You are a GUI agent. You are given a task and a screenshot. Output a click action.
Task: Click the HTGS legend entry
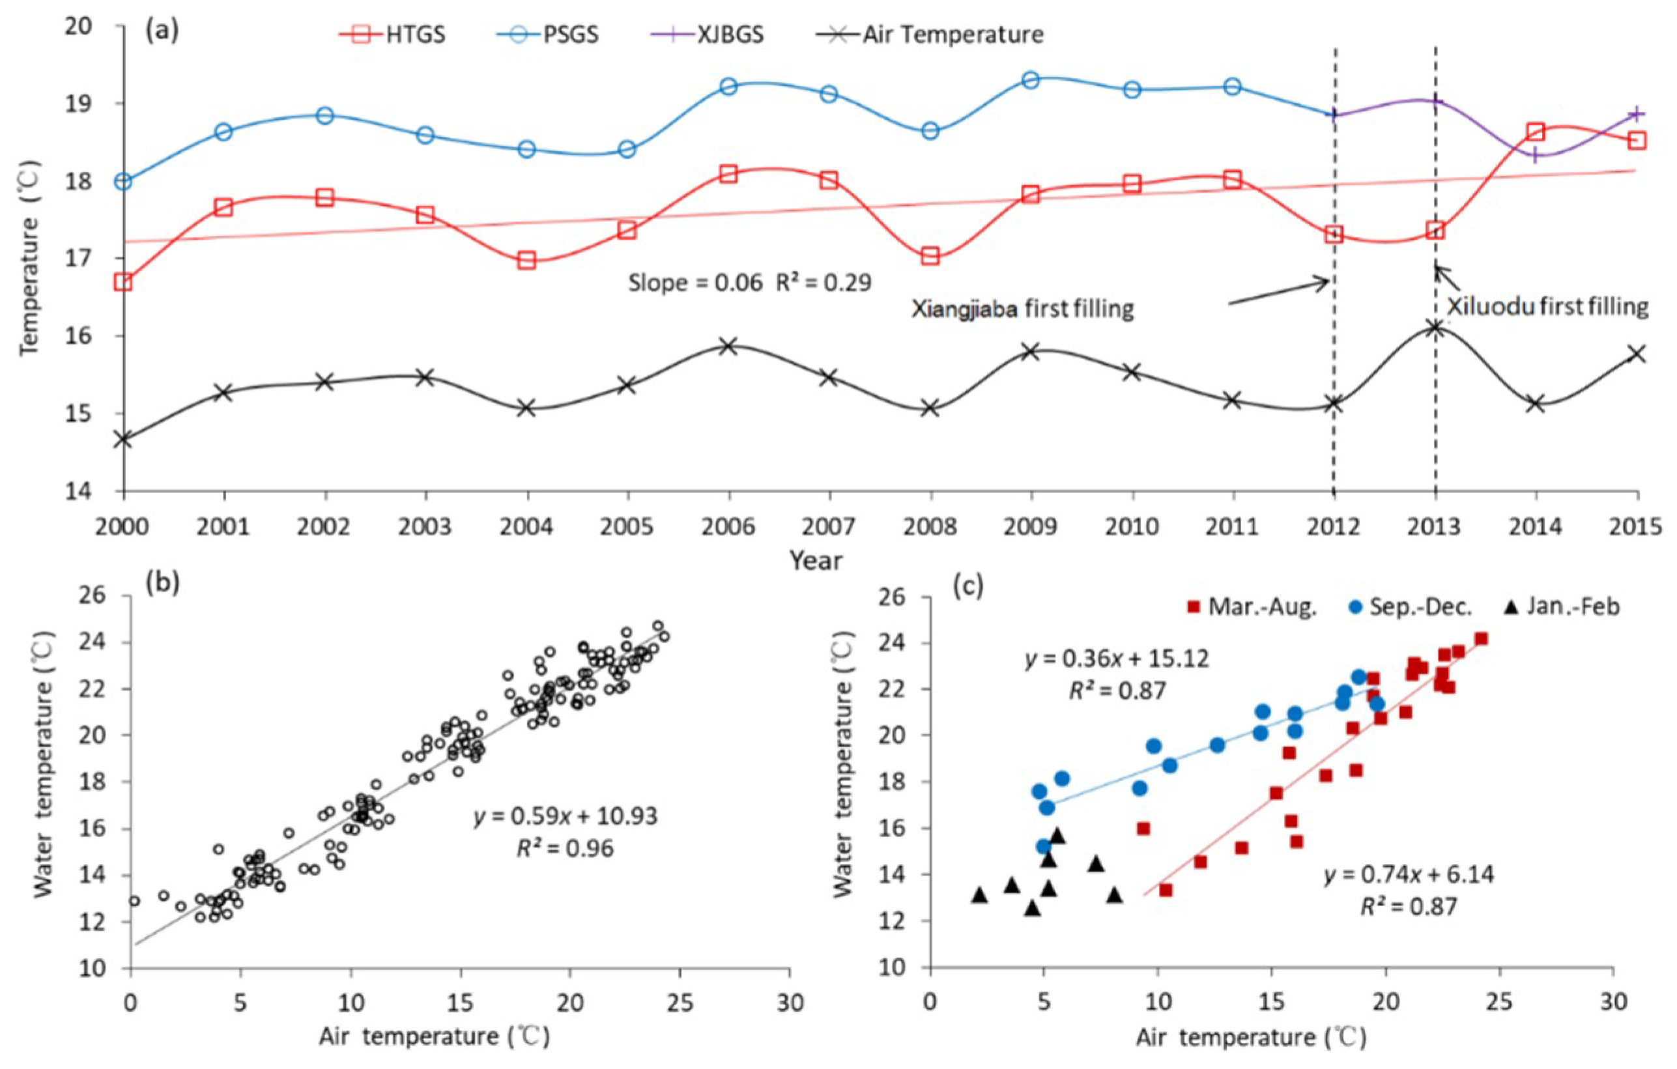click(x=392, y=34)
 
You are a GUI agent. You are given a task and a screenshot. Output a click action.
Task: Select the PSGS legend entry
click(x=547, y=34)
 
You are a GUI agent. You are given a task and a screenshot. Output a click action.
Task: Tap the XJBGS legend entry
click(x=706, y=34)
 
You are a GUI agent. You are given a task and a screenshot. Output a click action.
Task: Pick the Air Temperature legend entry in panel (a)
click(x=929, y=34)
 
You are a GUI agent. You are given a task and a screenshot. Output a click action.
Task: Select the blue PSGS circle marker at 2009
click(x=1031, y=79)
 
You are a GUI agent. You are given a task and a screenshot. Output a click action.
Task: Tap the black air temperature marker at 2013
click(x=1435, y=327)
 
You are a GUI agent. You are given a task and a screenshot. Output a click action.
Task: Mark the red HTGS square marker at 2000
click(x=124, y=281)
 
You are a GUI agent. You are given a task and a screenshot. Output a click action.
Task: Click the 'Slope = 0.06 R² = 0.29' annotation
click(x=749, y=283)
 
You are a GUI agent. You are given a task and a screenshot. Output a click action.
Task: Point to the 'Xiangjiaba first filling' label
click(x=1022, y=308)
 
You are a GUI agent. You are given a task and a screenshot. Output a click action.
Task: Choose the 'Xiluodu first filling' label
click(x=1548, y=306)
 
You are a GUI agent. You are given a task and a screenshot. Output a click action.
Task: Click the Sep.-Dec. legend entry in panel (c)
click(x=1411, y=606)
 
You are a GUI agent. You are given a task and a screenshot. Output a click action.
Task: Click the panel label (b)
click(x=162, y=582)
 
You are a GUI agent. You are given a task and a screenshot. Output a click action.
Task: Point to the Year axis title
click(x=816, y=560)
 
